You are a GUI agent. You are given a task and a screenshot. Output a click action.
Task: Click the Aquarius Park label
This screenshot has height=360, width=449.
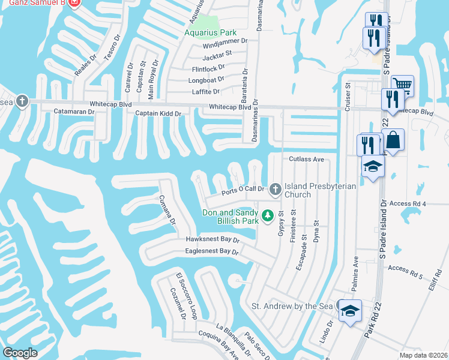[x=210, y=32]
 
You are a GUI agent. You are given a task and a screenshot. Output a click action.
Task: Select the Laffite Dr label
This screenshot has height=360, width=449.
[x=205, y=92]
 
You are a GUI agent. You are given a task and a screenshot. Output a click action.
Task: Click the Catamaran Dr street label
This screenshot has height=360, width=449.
[x=74, y=112]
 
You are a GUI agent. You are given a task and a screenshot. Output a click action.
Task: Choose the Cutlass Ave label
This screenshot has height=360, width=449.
[x=306, y=160]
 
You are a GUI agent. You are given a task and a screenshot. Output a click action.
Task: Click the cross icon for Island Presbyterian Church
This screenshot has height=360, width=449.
[x=276, y=190]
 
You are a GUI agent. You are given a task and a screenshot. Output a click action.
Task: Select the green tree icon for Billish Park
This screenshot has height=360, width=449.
[x=268, y=215]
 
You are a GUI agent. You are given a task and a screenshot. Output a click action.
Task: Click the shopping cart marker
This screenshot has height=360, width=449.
[x=402, y=85]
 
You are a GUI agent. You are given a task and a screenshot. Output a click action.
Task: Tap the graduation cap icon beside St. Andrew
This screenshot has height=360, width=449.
[x=349, y=311]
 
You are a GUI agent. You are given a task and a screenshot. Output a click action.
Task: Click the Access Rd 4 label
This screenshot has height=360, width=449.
[x=407, y=204]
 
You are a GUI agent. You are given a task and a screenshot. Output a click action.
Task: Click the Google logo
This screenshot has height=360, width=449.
[x=20, y=353]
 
